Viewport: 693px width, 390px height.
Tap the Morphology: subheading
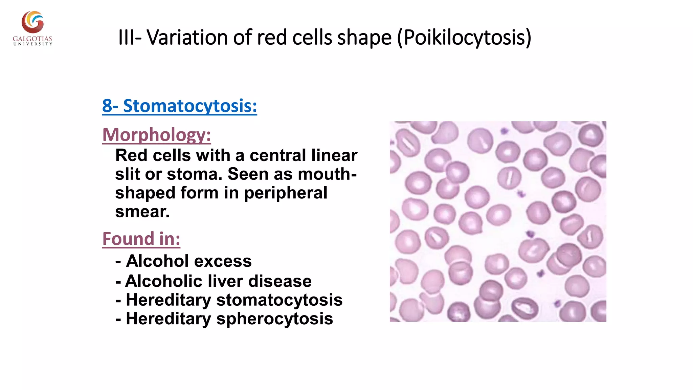coord(157,135)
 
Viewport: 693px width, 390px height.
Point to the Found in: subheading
coord(141,239)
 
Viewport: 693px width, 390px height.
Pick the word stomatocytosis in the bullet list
coord(279,300)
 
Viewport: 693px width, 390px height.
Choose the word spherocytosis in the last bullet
coord(274,319)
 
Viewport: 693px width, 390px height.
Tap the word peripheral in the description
coord(286,193)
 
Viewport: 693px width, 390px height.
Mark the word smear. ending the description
coord(142,212)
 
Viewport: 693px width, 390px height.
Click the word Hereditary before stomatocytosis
coord(168,300)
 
